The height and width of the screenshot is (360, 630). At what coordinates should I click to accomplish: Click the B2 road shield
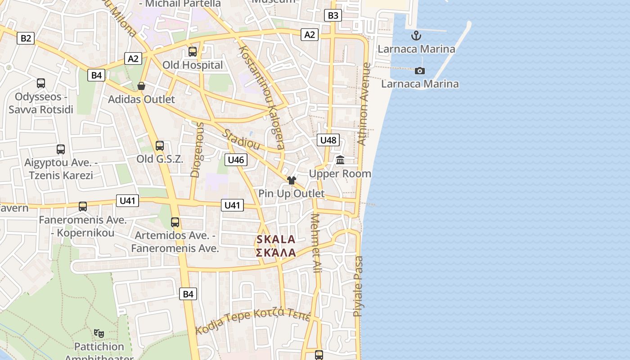coord(26,38)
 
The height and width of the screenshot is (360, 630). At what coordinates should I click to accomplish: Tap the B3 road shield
coord(333,16)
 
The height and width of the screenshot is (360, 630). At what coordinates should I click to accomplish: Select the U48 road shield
coord(328,140)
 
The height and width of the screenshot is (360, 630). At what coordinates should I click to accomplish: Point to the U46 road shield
coord(236,160)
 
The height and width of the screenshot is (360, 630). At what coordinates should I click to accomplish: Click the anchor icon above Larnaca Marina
coord(416,36)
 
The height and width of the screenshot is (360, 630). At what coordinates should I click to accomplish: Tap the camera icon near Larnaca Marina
coord(419,71)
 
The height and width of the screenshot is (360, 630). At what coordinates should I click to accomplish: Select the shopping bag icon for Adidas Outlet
coord(141,86)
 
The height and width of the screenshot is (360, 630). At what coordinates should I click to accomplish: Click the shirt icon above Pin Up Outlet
coord(292,180)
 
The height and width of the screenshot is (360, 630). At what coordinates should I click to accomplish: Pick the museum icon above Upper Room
coord(340,160)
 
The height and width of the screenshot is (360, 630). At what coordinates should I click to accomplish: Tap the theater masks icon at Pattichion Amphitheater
coord(99,333)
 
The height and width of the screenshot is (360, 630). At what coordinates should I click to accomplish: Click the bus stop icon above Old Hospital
coord(193,52)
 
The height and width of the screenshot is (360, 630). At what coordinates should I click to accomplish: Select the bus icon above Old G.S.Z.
coord(160,146)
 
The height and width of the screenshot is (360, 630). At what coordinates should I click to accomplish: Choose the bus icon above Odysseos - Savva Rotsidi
coord(41,83)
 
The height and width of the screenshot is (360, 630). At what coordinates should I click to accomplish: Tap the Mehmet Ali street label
coord(316,243)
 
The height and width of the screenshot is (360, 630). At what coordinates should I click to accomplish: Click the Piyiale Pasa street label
coord(358,286)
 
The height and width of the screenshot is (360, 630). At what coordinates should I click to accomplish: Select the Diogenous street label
coord(197,150)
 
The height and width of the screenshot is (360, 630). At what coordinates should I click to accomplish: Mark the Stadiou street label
coord(242,140)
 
